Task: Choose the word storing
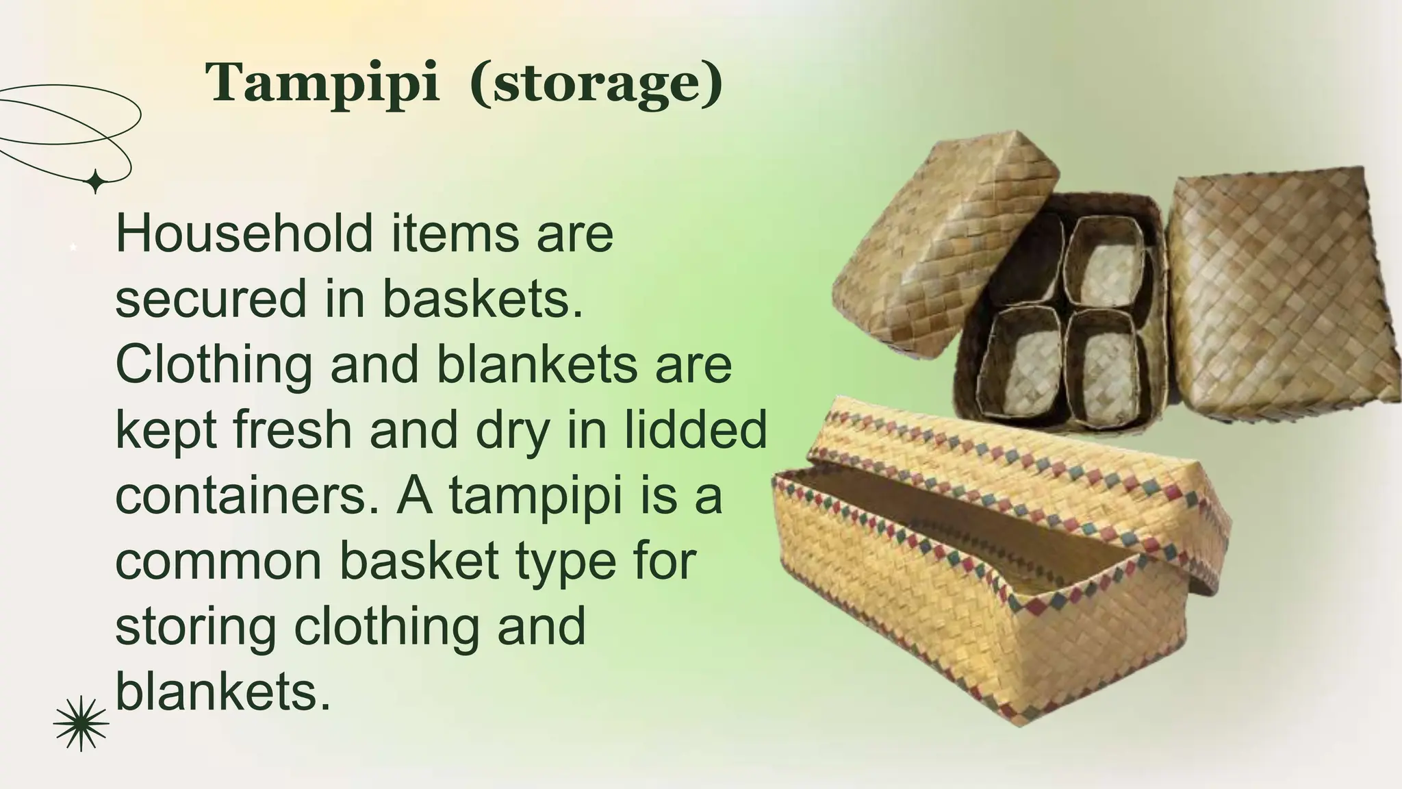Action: pyautogui.click(x=195, y=627)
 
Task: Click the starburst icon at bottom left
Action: pyautogui.click(x=81, y=723)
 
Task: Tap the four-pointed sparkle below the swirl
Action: pyautogui.click(x=97, y=181)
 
